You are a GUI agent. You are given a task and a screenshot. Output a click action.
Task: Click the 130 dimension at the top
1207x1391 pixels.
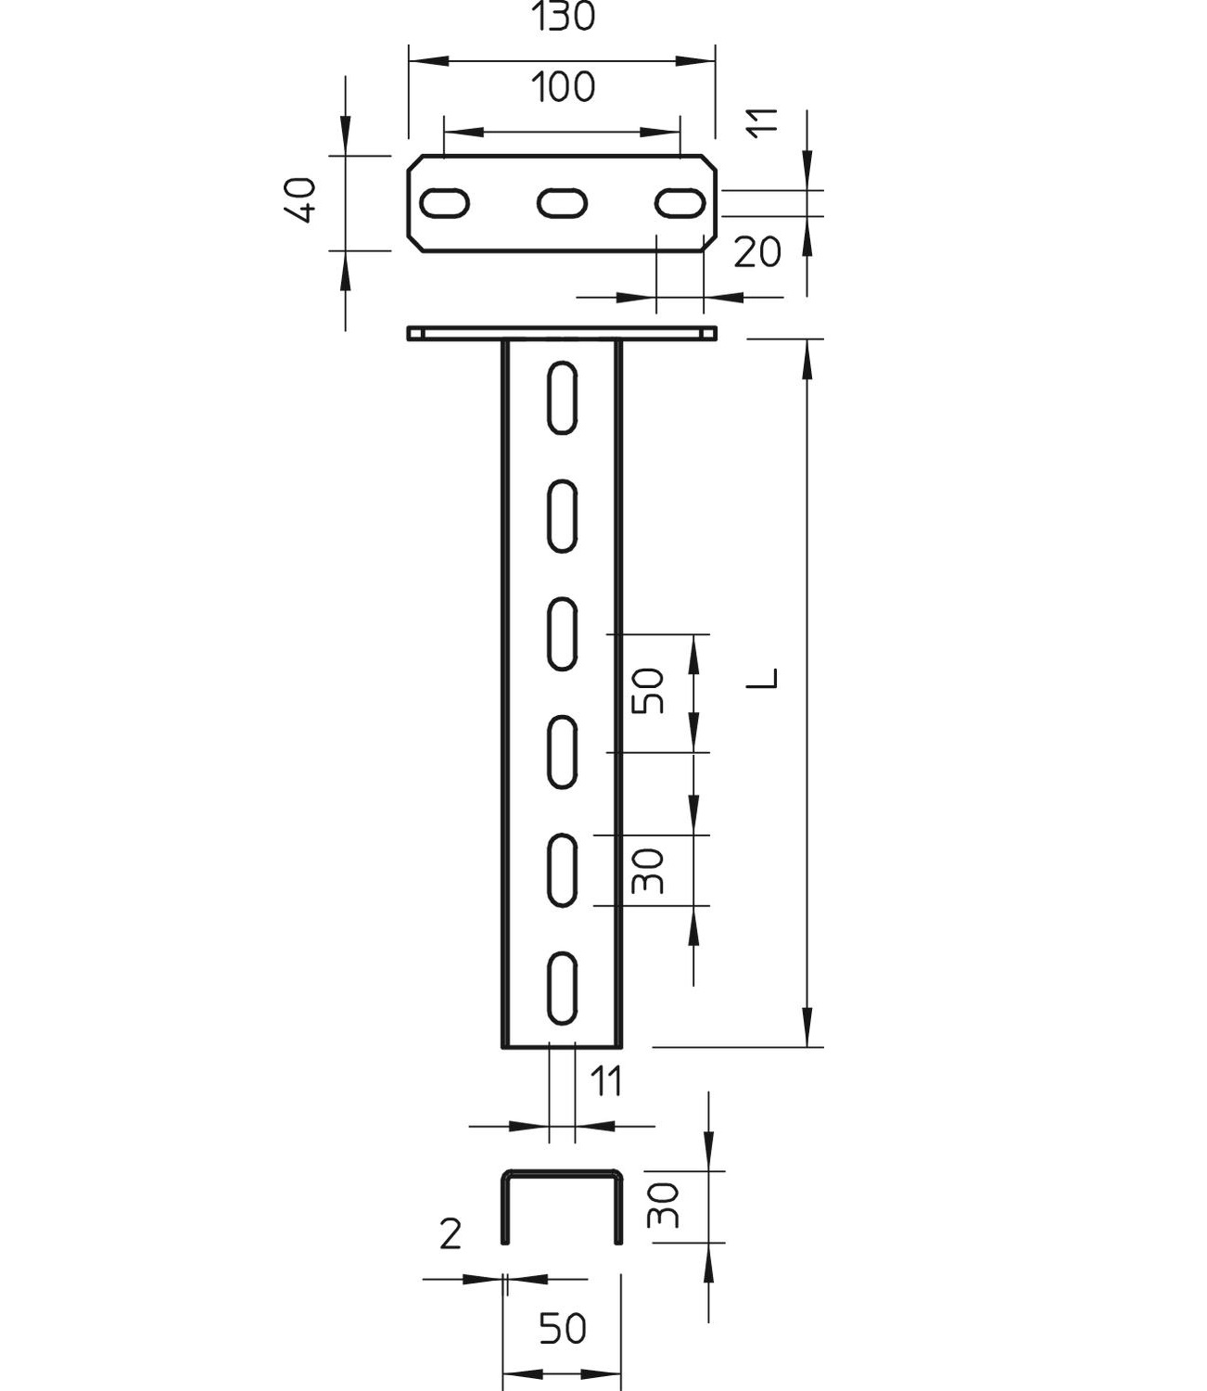click(563, 17)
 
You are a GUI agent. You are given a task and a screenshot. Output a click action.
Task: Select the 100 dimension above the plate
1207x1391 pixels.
click(563, 87)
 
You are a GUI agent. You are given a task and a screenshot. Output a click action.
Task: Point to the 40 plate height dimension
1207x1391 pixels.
click(303, 200)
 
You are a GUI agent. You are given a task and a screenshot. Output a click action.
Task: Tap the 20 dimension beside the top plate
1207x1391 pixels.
click(757, 251)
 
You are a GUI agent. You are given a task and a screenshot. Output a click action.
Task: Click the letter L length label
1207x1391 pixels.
click(764, 679)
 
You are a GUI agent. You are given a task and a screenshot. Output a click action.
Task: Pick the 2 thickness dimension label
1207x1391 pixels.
click(451, 1235)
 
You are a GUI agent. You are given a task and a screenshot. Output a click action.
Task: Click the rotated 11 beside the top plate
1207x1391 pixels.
click(764, 123)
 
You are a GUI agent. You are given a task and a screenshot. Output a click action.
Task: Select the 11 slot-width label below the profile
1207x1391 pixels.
click(606, 1082)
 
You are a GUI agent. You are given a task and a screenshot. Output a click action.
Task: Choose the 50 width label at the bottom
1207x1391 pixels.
click(563, 1329)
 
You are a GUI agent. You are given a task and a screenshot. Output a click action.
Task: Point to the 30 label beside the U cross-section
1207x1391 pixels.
click(665, 1206)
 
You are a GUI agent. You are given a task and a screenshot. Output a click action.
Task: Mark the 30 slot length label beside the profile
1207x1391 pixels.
click(650, 871)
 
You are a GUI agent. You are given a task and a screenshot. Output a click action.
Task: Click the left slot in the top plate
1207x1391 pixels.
click(445, 202)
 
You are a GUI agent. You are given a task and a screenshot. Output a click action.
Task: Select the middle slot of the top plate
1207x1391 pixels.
click(562, 202)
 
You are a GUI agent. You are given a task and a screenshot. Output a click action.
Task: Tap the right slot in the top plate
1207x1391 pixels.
click(680, 202)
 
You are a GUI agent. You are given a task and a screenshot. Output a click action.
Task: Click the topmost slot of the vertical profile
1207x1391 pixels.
click(562, 397)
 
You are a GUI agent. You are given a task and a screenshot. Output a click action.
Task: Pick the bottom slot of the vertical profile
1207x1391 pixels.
click(562, 988)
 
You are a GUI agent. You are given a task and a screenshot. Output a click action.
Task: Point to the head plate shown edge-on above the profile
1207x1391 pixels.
click(562, 333)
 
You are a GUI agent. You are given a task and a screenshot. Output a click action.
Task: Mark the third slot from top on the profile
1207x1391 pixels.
click(562, 633)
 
